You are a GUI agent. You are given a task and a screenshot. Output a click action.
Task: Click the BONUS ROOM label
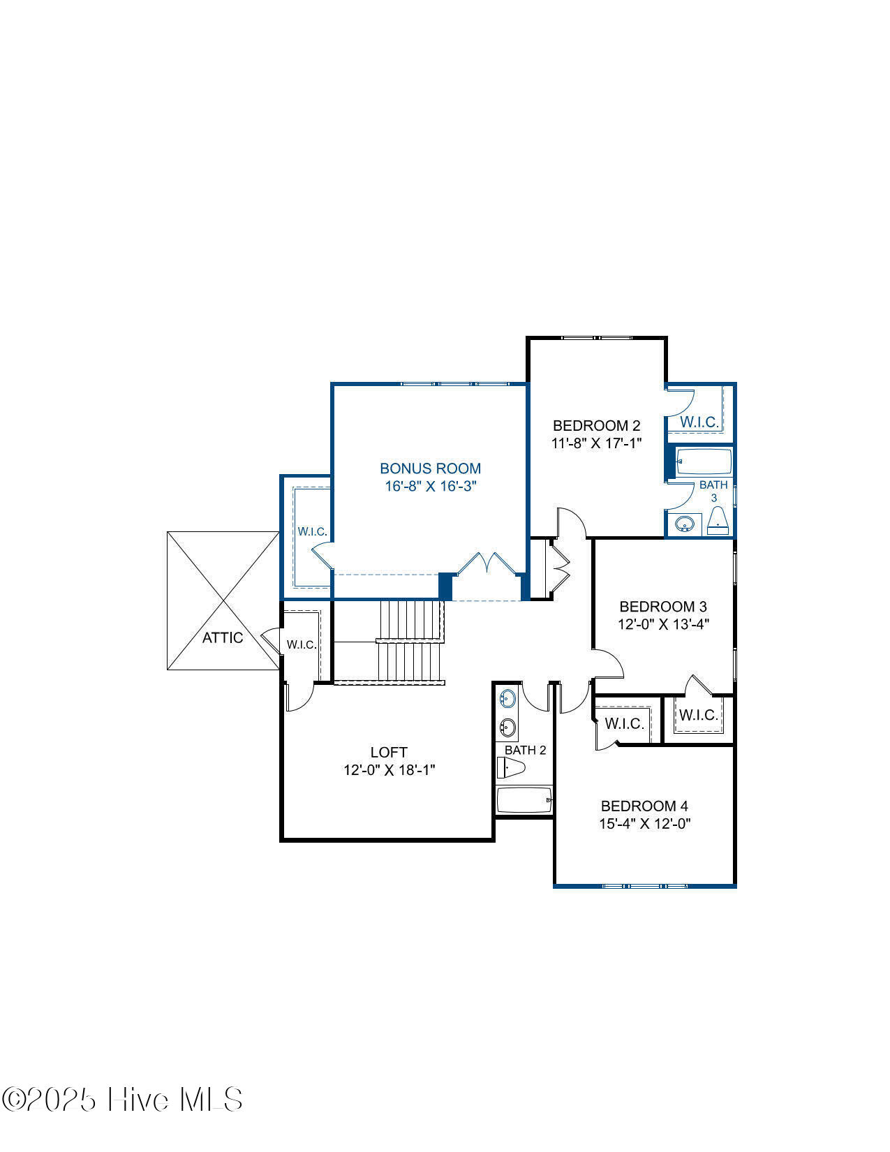(431, 468)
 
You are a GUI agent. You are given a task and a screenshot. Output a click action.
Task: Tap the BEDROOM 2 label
(596, 426)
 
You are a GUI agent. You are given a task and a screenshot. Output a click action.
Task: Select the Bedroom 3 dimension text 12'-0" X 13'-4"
(663, 624)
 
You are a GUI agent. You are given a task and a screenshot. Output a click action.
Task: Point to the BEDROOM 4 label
(644, 806)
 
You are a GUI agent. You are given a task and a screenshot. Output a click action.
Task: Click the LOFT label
(389, 752)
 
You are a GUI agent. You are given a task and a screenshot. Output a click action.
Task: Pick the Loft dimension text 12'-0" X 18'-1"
(389, 770)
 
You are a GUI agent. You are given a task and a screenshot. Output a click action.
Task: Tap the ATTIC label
(223, 637)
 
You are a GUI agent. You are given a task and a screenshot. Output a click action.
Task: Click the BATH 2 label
(525, 750)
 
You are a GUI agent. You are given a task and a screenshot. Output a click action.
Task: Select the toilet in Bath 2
(510, 767)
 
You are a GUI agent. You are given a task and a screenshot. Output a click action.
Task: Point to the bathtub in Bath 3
(704, 461)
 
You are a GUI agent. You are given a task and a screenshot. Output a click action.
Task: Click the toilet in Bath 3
(718, 521)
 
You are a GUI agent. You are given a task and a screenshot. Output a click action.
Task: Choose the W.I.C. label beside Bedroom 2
(699, 422)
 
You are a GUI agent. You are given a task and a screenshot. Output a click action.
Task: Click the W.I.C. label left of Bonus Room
(312, 532)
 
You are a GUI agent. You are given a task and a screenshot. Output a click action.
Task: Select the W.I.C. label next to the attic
(302, 644)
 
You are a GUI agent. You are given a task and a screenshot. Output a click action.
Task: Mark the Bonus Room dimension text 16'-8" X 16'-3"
(431, 486)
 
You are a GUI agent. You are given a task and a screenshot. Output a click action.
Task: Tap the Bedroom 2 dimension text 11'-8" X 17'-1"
(596, 443)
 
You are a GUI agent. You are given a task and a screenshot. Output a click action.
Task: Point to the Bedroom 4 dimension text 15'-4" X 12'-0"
(644, 824)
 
